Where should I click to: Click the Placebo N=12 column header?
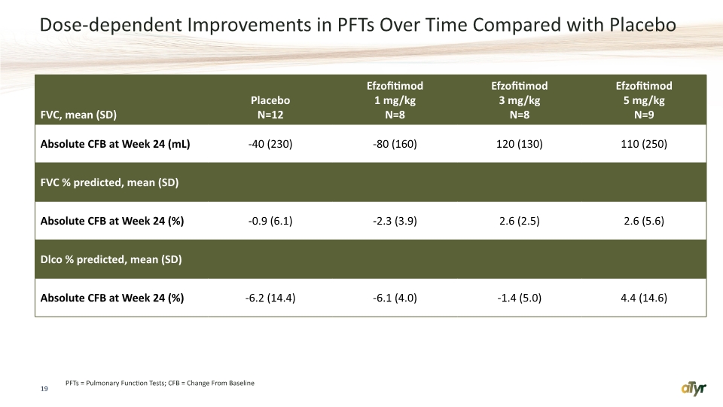[x=270, y=108]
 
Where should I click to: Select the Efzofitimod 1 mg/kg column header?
[x=395, y=100]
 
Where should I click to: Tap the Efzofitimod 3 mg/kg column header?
[x=519, y=100]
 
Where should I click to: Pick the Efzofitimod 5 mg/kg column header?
[x=644, y=100]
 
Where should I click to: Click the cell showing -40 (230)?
[x=270, y=144]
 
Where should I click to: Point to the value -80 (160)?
[x=395, y=144]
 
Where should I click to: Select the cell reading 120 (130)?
[x=519, y=144]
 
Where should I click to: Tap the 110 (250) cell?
[x=644, y=144]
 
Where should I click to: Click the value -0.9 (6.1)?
[x=270, y=221]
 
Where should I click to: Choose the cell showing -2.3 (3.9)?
[x=395, y=221]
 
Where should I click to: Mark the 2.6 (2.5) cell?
[x=519, y=221]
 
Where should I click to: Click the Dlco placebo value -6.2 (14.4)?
[x=270, y=298]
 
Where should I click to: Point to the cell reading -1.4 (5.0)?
[x=519, y=298]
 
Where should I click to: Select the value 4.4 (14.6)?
[x=644, y=298]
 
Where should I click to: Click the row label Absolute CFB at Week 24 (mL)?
[x=115, y=144]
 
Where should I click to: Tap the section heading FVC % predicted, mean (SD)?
[x=109, y=182]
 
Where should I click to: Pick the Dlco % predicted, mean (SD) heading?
[x=111, y=260]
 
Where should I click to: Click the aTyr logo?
[x=694, y=389]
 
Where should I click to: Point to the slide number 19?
[x=44, y=389]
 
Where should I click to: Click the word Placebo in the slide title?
[x=642, y=24]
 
